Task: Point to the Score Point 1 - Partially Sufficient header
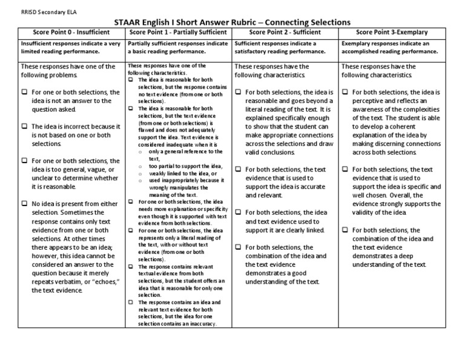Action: pyautogui.click(x=179, y=32)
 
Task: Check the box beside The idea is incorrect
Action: pyautogui.click(x=24, y=127)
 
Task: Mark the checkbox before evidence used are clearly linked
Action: pyautogui.click(x=238, y=213)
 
